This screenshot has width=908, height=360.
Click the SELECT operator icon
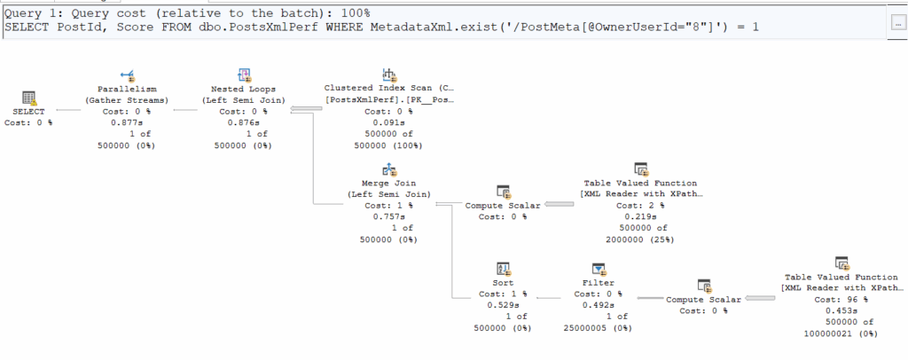[28, 98]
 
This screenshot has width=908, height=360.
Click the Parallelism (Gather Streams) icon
[127, 74]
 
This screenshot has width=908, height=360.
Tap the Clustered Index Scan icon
[388, 74]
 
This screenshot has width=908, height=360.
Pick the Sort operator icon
[502, 269]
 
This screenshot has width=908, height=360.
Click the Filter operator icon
[599, 269]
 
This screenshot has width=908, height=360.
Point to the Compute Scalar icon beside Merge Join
[503, 192]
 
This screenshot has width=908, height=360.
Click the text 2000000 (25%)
[640, 239]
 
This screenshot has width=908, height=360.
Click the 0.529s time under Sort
[502, 304]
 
